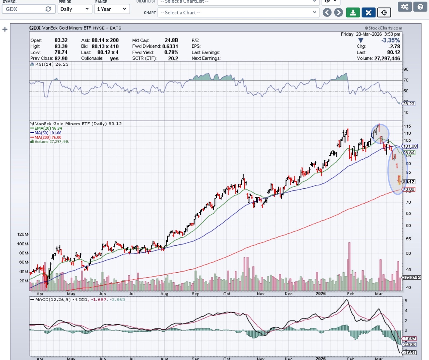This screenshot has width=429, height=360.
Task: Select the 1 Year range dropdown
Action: pyautogui.click(x=112, y=9)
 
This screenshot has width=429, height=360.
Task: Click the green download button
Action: pyautogui.click(x=353, y=13)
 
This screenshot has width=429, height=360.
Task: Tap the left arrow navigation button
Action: pyautogui.click(x=327, y=13)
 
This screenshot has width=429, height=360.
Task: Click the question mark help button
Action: pyautogui.click(x=420, y=7)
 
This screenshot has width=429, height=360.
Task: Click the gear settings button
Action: pyautogui.click(x=405, y=7)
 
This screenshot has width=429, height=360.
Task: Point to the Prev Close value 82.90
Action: pyautogui.click(x=61, y=58)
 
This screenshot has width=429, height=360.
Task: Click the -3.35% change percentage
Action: pyautogui.click(x=390, y=40)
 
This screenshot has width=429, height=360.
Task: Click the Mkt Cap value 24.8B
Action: pyautogui.click(x=171, y=40)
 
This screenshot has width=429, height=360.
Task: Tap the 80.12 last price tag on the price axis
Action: pyautogui.click(x=409, y=182)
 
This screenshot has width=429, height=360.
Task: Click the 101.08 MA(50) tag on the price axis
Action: pyautogui.click(x=410, y=146)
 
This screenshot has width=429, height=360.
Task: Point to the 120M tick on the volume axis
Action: pyautogui.click(x=22, y=234)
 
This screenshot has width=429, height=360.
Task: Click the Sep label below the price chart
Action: pyautogui.click(x=195, y=294)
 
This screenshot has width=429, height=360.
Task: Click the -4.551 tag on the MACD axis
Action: pyautogui.click(x=409, y=353)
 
